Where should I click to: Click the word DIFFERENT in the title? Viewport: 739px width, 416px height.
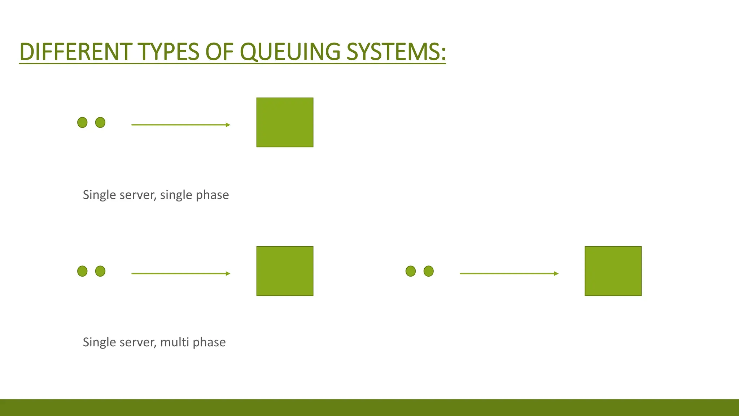tap(75, 52)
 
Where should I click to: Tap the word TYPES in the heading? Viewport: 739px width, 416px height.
tap(168, 52)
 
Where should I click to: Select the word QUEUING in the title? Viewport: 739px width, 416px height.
tap(290, 52)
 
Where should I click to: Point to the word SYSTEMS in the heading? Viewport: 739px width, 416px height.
tap(393, 52)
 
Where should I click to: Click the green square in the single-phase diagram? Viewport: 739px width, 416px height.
tap(285, 122)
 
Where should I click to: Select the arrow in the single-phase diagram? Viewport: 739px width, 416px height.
tap(180, 125)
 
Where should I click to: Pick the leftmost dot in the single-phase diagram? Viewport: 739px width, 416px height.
tap(82, 122)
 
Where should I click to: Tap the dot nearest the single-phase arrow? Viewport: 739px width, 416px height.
tap(100, 122)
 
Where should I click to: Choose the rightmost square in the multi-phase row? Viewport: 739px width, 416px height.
tap(613, 271)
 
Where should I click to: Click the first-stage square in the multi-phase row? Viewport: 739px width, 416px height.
tap(285, 271)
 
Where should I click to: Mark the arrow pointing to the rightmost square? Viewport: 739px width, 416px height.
tap(509, 274)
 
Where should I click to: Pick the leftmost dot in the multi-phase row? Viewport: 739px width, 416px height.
tap(82, 271)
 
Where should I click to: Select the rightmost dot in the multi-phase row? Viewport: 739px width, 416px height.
tap(429, 271)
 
